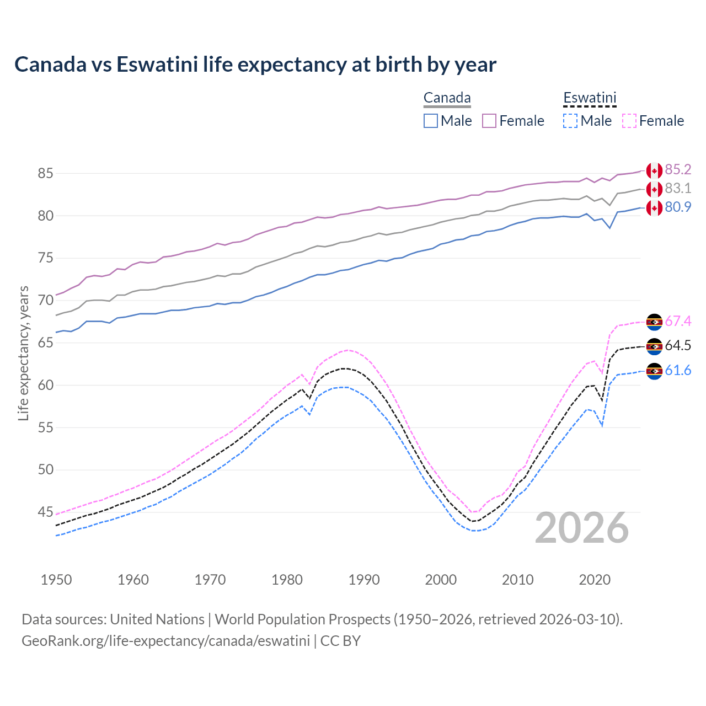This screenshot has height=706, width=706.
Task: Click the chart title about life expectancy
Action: click(255, 65)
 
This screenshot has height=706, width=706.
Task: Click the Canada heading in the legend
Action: click(447, 98)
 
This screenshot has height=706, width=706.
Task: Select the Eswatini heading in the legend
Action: click(589, 98)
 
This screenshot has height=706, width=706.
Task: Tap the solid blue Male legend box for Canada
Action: click(431, 121)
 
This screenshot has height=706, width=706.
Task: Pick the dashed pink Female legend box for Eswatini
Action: click(629, 121)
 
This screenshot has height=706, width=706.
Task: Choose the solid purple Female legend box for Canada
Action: click(489, 121)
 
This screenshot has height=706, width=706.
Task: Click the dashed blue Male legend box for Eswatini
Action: click(570, 121)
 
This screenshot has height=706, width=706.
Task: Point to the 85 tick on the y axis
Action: click(45, 173)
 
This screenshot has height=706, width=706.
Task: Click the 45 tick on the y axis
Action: click(45, 512)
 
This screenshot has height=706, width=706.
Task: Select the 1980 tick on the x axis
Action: click(287, 580)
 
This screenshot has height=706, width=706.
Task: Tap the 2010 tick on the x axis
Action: click(517, 580)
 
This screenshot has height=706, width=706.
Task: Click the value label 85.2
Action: click(678, 169)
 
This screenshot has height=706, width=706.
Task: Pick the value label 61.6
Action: click(678, 370)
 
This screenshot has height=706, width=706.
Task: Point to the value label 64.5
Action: click(678, 346)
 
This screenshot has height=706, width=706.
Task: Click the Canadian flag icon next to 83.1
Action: click(654, 189)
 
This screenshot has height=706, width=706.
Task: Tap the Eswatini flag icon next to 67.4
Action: click(654, 322)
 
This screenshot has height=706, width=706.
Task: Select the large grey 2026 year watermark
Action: click(581, 528)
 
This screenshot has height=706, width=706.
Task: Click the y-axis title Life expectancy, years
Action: click(23, 353)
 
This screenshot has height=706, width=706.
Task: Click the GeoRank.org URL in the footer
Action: click(165, 641)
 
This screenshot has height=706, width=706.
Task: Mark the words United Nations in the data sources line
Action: click(157, 619)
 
